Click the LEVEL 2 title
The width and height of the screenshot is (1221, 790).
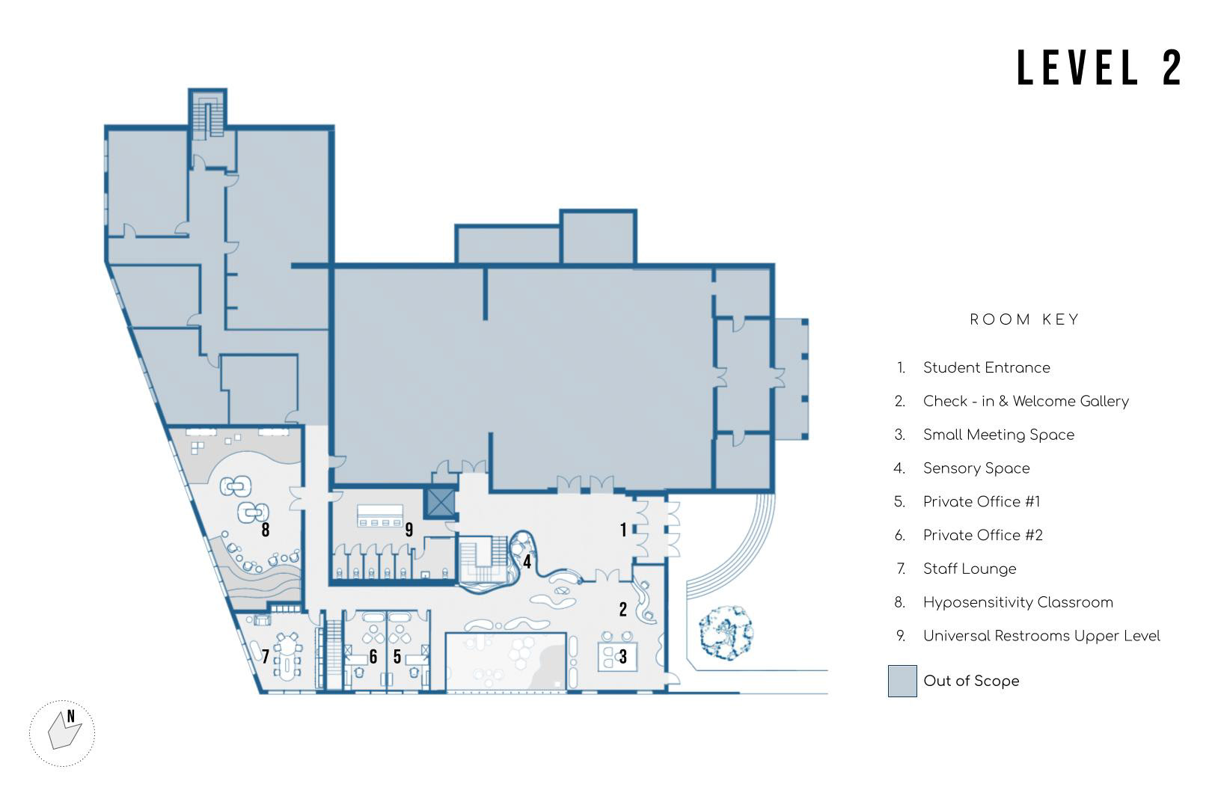(x=1099, y=68)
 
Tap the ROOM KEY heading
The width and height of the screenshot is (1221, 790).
(x=1024, y=320)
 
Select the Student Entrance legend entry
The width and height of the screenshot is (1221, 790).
(x=986, y=367)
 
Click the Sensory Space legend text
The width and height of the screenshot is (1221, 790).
(x=976, y=468)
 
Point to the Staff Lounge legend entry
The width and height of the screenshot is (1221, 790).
(x=969, y=569)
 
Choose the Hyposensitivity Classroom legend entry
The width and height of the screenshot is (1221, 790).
(x=1017, y=602)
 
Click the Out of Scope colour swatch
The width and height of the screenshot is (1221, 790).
(x=902, y=681)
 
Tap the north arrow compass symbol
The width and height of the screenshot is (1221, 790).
(x=63, y=732)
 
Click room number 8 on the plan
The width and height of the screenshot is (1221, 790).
(x=265, y=530)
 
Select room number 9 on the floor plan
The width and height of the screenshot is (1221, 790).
(x=408, y=530)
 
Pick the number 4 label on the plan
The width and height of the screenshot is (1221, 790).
(x=527, y=561)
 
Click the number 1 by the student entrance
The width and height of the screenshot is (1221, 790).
(x=623, y=530)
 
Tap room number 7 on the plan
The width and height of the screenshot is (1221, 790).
(x=265, y=657)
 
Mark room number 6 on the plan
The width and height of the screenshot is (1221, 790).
(x=373, y=657)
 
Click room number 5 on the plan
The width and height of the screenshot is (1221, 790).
(x=397, y=657)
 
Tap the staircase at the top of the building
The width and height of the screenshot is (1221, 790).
(x=207, y=114)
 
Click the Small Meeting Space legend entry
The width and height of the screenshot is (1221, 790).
(x=998, y=435)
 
